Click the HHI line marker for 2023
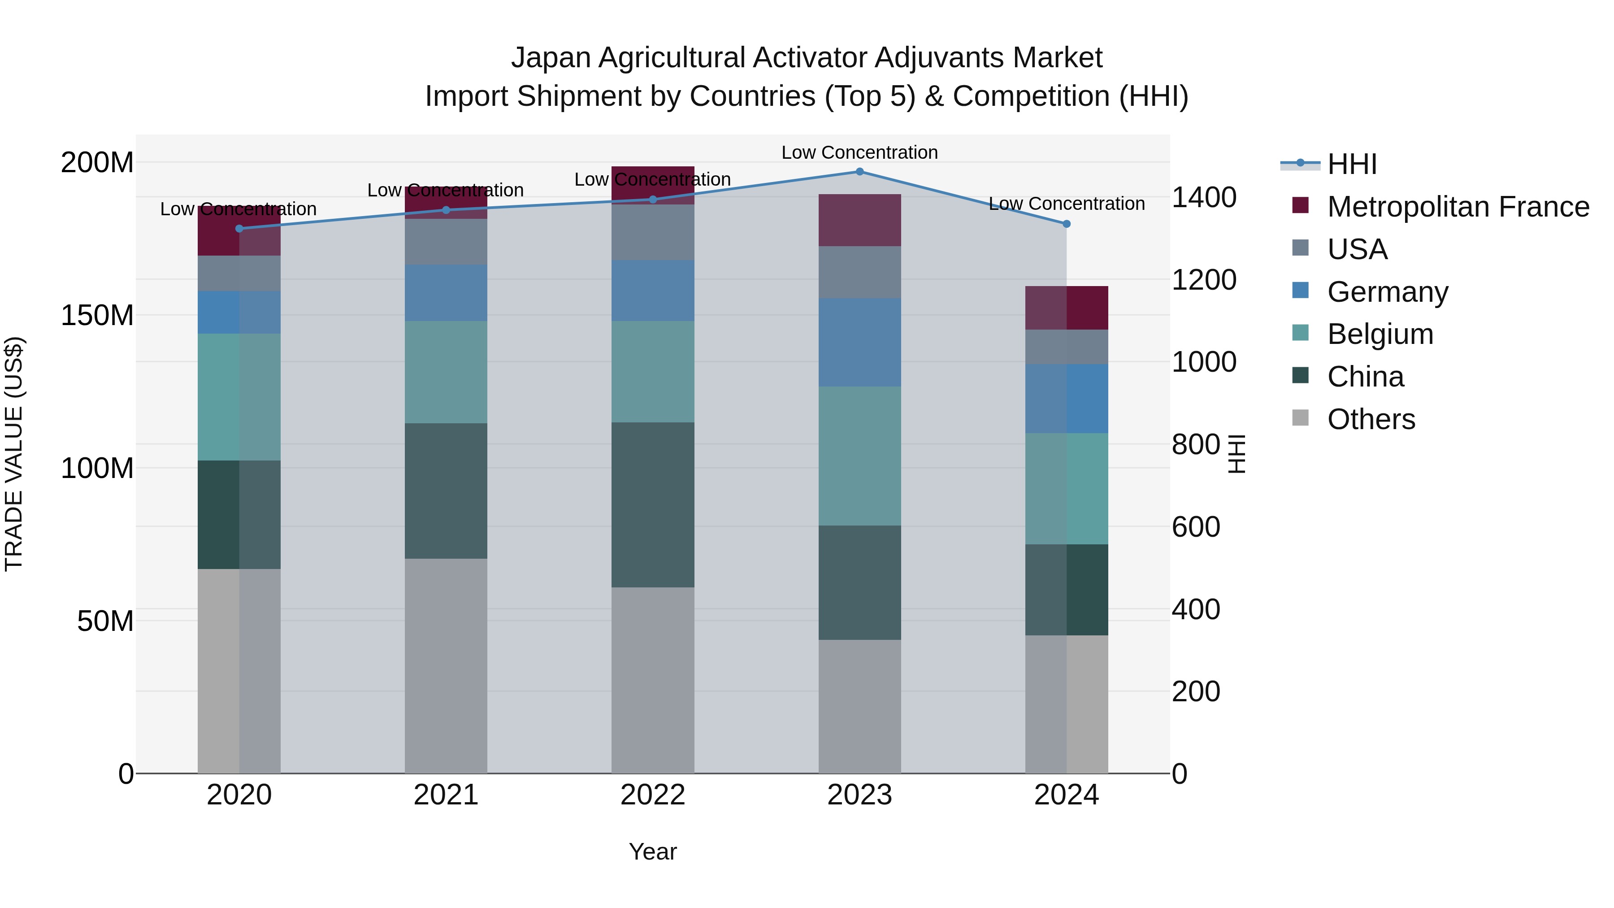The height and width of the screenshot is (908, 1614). [859, 172]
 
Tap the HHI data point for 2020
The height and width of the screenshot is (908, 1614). [239, 229]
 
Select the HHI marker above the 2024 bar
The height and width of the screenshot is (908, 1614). [1067, 224]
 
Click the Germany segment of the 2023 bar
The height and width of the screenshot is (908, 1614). [859, 342]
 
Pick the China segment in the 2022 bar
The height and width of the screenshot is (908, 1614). [653, 504]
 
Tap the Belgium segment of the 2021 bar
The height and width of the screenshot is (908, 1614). [446, 372]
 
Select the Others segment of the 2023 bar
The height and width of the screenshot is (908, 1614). [859, 706]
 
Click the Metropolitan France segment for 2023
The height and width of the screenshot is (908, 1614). [859, 220]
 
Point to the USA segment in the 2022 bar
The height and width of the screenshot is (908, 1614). [653, 232]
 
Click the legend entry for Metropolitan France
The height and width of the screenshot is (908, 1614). [1458, 207]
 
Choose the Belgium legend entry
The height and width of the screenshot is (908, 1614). [1380, 334]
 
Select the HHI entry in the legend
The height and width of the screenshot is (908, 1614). [1351, 164]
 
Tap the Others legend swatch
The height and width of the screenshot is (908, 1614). [1301, 418]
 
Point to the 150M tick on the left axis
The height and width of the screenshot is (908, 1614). [97, 315]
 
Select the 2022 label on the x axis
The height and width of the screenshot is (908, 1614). [653, 795]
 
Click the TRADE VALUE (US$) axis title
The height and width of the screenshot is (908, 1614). [14, 454]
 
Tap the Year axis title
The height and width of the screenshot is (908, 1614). [653, 852]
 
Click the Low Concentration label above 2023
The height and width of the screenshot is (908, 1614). [859, 152]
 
